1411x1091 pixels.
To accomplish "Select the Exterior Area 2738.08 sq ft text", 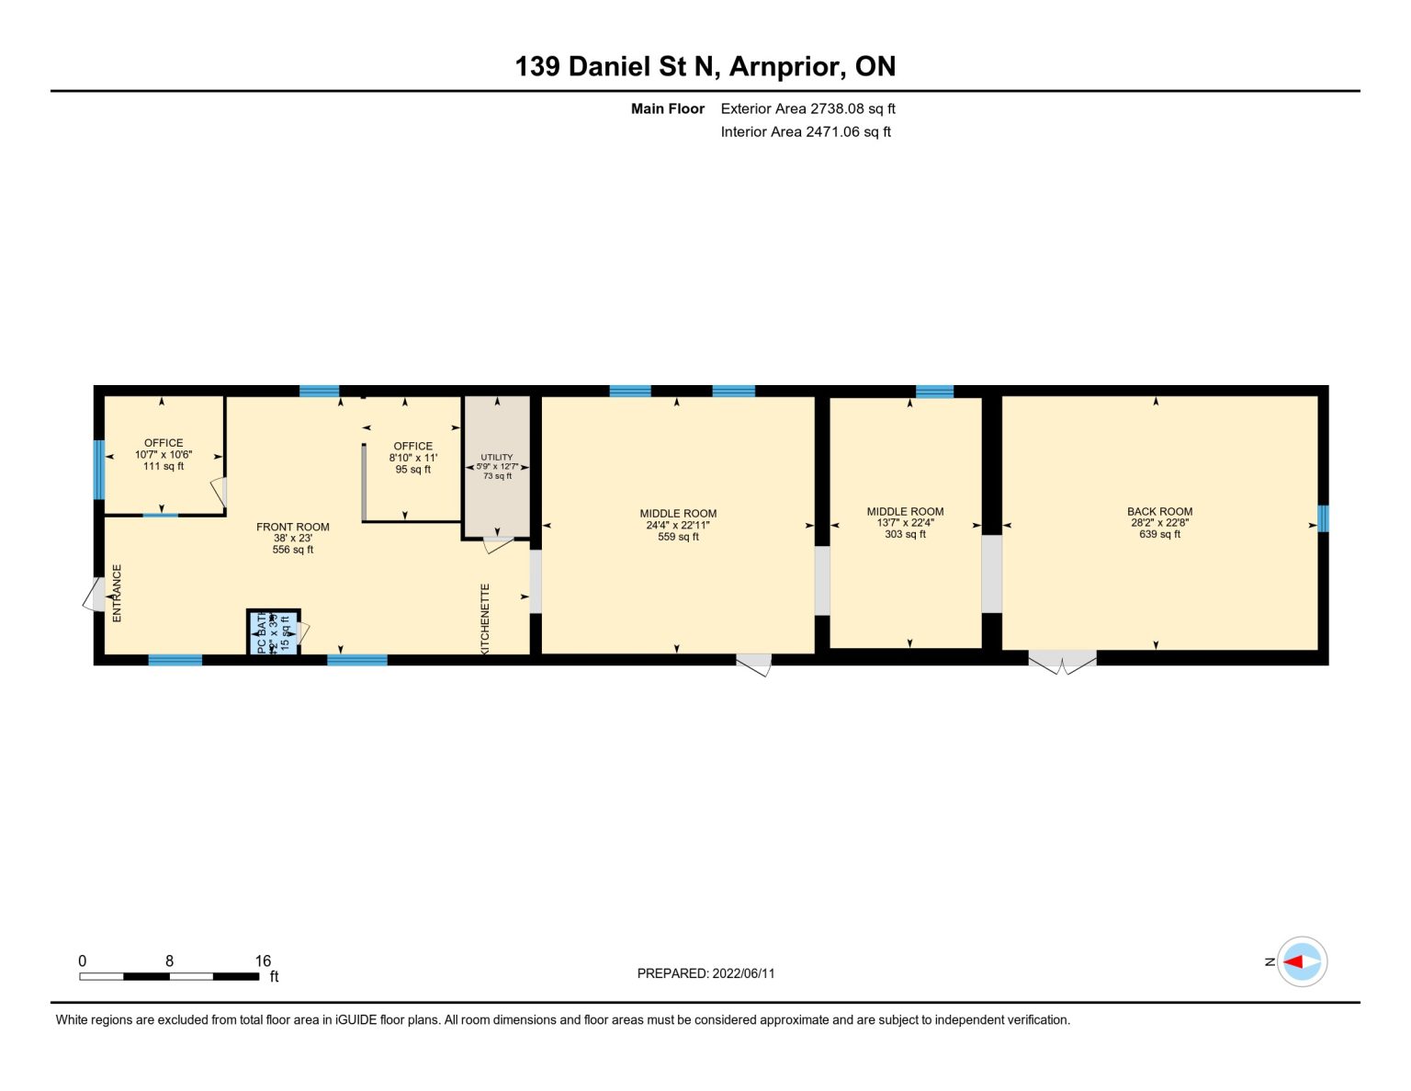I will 807,108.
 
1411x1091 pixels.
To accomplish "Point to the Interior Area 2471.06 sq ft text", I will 806,131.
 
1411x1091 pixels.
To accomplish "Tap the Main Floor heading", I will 667,108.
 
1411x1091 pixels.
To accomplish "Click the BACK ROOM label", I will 1159,511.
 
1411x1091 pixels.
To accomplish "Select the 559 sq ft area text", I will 678,537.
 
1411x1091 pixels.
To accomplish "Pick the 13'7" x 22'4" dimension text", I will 905,522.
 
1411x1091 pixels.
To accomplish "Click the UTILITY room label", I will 497,457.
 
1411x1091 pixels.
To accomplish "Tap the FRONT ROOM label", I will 292,527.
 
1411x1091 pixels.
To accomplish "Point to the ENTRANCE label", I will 117,594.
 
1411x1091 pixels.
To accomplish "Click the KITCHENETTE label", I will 485,619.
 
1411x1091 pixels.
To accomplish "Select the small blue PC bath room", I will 273,632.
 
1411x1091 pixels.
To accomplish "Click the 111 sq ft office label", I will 164,466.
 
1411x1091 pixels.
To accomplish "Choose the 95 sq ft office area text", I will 412,470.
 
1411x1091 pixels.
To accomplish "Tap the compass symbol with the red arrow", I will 1302,961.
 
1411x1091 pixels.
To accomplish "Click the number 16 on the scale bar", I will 263,960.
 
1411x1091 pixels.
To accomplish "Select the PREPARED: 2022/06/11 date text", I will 705,973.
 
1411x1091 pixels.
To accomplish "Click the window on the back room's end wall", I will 1323,518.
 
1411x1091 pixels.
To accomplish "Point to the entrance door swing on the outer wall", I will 95,595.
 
